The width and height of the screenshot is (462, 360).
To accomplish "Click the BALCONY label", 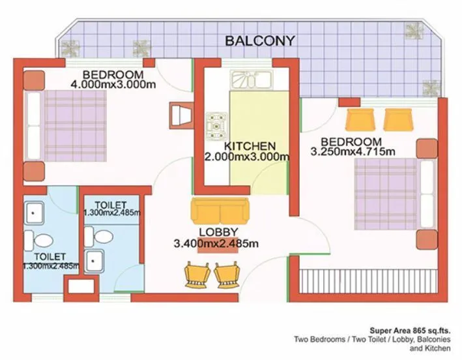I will tap(260, 40).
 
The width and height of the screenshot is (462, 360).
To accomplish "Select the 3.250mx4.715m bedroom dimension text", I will tap(353, 152).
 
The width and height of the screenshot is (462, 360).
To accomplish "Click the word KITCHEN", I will tap(250, 145).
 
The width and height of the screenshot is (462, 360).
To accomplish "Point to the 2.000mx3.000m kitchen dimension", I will tap(247, 157).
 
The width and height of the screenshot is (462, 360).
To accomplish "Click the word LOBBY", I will tap(218, 232).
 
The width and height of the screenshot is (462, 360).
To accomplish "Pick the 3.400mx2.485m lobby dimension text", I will tap(216, 244).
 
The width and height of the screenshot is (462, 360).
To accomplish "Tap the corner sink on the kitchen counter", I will tap(244, 80).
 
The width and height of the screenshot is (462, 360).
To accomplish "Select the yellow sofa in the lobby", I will tap(220, 212).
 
